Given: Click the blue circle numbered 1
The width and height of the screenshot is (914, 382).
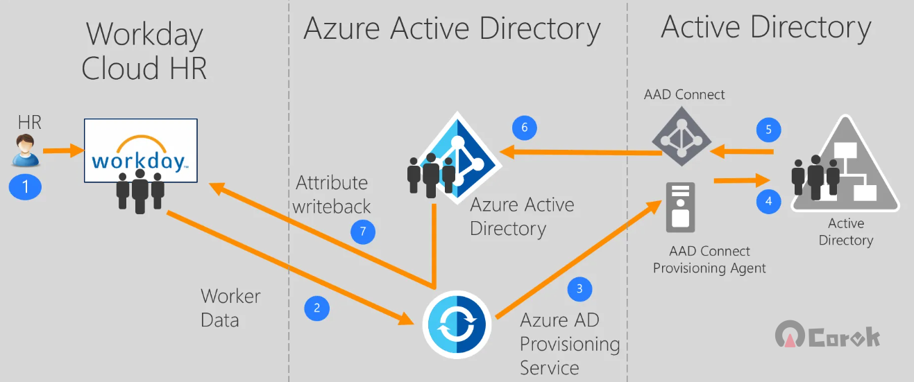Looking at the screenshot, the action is pos(25,186).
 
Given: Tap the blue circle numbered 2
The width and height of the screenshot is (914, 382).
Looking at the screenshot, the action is pos(316,309).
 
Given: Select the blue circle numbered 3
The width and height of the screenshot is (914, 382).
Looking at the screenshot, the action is pos(579,289).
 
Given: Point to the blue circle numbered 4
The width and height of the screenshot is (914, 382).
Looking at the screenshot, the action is pos(769,201).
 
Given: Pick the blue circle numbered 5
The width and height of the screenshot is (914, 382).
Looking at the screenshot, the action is pos(769,130).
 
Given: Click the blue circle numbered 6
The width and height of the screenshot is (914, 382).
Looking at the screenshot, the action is pos(525,128).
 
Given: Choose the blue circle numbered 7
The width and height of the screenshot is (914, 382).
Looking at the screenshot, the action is pos(363,232).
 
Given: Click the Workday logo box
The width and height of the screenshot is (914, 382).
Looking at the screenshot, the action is pos(141,150).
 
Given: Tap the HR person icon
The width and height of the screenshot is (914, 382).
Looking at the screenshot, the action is pos(25,150).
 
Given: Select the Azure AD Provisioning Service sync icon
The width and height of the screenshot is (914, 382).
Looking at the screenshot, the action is pos(457,325).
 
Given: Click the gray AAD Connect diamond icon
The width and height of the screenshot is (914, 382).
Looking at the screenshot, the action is pos(682,137).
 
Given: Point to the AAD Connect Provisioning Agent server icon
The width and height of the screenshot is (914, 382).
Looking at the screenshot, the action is pos(681,207).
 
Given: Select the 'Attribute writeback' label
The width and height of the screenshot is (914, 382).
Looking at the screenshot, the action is pos(331,194).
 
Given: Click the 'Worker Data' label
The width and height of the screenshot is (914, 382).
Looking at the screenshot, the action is pos(230,309).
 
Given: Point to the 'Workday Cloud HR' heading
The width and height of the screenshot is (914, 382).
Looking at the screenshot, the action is pos(144,51).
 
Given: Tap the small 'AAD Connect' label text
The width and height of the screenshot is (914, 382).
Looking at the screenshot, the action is pos(684,94).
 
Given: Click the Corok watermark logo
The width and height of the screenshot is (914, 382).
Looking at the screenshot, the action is pos(827,335).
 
